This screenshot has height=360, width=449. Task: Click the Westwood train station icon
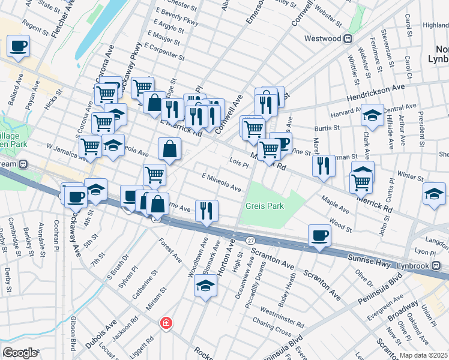[x=348, y=39]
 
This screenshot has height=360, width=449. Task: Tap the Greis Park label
[x=265, y=206]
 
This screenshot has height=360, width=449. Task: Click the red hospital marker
[x=165, y=323]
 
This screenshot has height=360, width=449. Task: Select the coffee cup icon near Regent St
[x=18, y=46]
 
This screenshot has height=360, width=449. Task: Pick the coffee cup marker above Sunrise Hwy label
[x=319, y=235]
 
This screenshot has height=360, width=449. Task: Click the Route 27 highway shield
[x=250, y=240]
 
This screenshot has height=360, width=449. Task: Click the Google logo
[x=20, y=353]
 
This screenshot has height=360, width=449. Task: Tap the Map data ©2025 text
[x=424, y=355]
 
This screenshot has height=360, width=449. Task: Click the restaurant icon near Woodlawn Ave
[x=206, y=210]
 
